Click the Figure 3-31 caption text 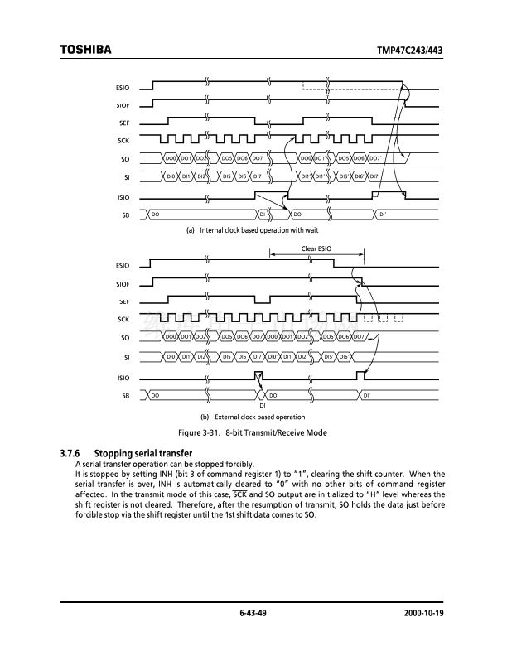(x=254, y=433)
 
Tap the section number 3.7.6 (x=73, y=453)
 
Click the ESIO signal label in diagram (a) (x=123, y=88)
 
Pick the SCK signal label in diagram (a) (x=123, y=140)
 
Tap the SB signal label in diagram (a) (x=125, y=215)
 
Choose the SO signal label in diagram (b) (x=125, y=338)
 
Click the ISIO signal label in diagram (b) (x=123, y=378)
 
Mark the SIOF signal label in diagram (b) (x=123, y=284)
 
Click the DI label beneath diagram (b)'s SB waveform (x=262, y=406)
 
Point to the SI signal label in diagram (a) (x=126, y=176)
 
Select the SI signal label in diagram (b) (x=126, y=357)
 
